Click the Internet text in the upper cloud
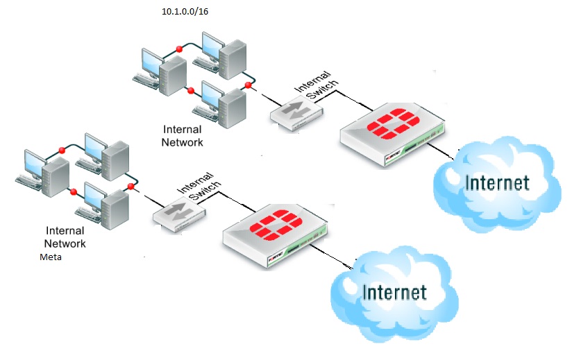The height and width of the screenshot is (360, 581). [498, 183]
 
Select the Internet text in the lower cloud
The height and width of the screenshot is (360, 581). [394, 291]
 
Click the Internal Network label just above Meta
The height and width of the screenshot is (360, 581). [65, 237]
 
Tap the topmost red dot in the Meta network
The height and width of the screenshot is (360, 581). [62, 149]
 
